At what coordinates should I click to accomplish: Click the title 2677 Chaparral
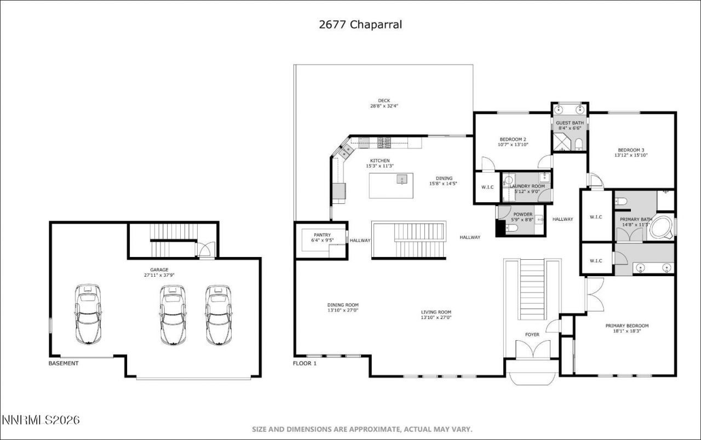360,25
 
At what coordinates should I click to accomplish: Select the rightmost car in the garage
219,315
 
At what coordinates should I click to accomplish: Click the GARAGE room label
159,270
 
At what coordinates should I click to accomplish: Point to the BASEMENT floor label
64,363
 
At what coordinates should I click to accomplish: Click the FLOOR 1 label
304,363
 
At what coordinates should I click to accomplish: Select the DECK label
384,100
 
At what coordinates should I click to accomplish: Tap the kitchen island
390,186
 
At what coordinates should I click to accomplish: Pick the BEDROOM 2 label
513,139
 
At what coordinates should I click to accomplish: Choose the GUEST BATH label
570,123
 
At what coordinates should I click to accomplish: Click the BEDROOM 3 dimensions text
631,156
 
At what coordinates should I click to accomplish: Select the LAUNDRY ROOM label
527,186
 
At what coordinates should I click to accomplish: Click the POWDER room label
523,214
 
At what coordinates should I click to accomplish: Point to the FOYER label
532,334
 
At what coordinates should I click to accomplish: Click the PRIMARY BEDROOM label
627,326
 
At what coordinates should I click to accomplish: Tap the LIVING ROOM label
436,312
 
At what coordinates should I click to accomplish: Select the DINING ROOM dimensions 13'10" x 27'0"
343,311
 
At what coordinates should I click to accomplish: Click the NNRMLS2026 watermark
41,420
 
